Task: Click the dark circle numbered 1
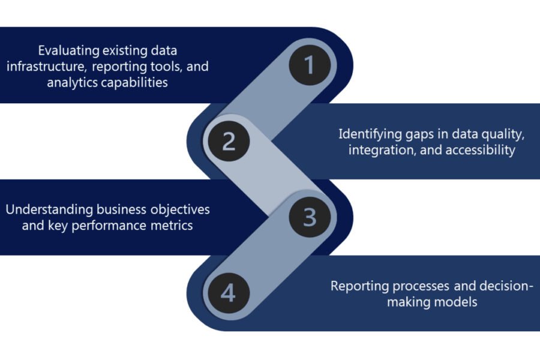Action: point(309,65)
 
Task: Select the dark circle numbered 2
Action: point(229,141)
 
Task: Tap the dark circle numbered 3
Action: point(309,217)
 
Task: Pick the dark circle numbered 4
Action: point(229,293)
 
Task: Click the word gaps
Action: point(420,134)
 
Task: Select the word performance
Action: point(119,226)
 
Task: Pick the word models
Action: point(457,302)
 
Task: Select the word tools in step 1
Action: point(175,67)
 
